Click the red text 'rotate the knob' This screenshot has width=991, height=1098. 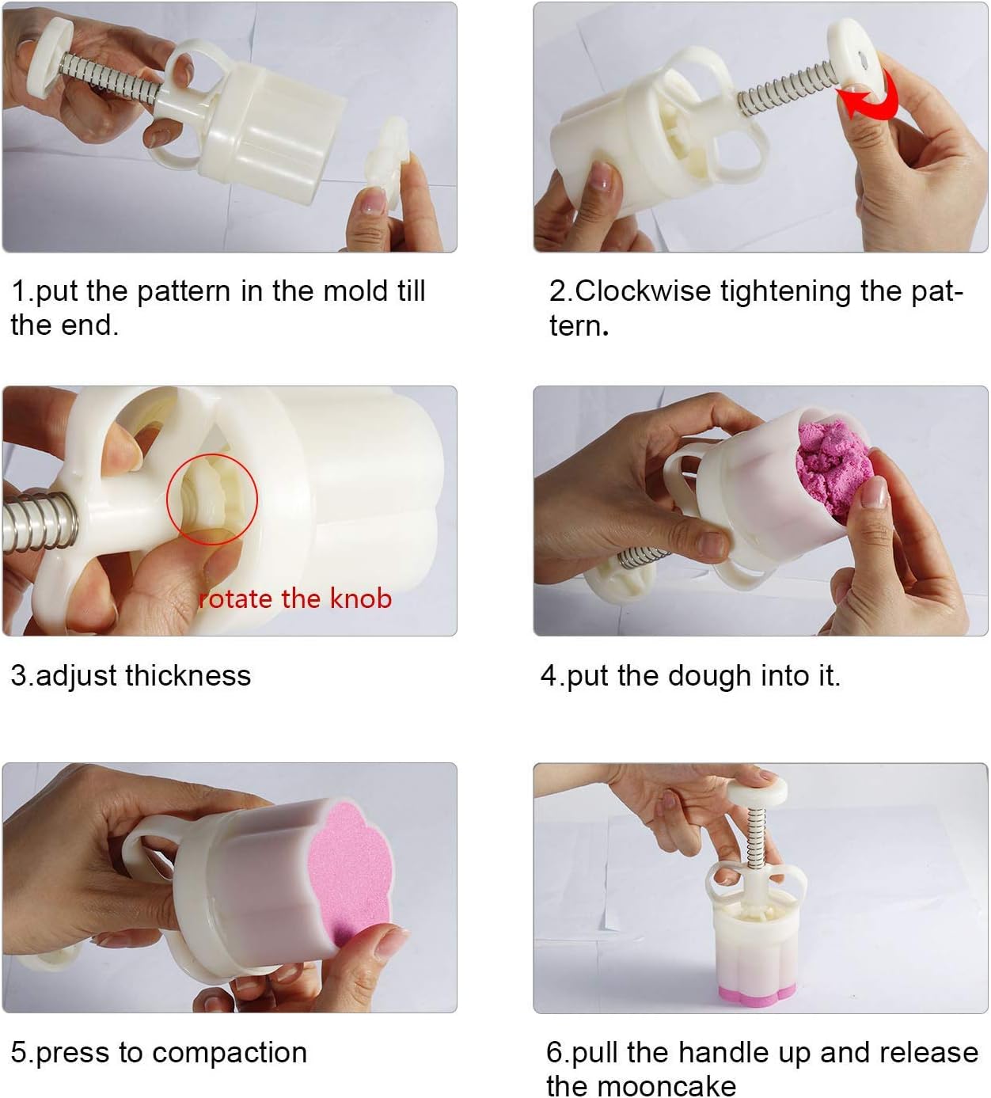point(294,598)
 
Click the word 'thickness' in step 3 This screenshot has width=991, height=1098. point(188,675)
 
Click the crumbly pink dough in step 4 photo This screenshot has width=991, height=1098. point(832,469)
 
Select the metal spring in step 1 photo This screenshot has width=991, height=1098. point(109,79)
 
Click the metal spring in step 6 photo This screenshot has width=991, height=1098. point(756,838)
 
